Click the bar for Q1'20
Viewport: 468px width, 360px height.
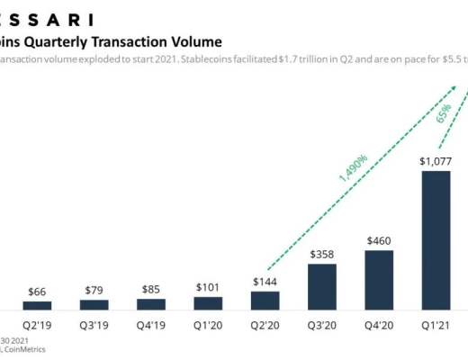pos(208,303)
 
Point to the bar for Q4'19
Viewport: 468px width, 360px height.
pos(151,305)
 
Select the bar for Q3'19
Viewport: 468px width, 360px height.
pos(94,305)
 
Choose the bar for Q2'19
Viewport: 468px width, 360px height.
pos(37,306)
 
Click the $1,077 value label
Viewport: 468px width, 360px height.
pos(436,161)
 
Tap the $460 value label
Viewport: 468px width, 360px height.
pos(379,240)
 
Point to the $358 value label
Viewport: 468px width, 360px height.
pos(322,254)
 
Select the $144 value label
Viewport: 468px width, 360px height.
pos(265,282)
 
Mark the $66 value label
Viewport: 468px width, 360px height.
pos(37,291)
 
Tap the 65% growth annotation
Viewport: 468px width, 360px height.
pos(443,116)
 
